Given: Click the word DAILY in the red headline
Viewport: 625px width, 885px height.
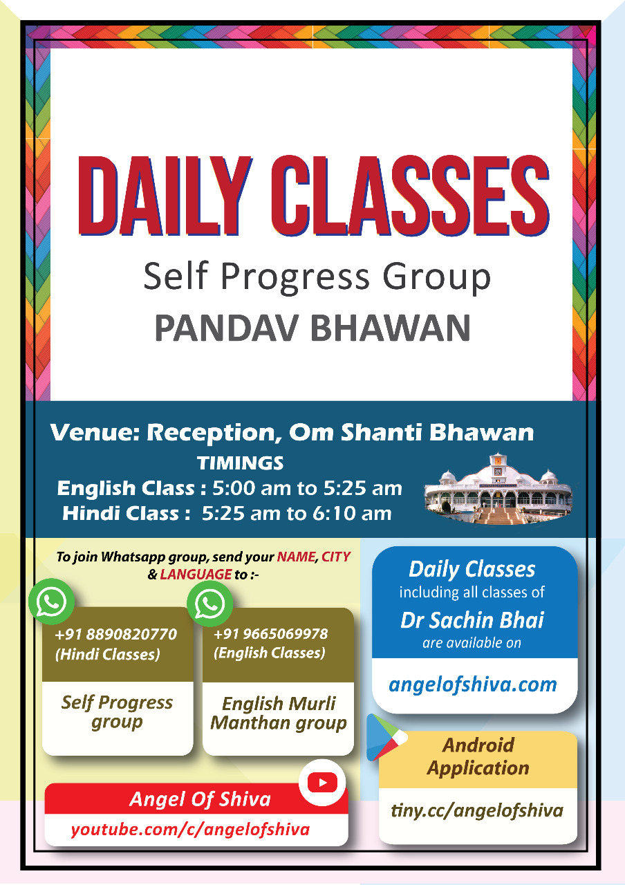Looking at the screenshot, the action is click(165, 196).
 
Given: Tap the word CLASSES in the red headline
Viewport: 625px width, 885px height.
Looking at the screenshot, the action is click(410, 196).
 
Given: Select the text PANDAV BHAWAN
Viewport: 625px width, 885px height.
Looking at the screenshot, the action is click(312, 328).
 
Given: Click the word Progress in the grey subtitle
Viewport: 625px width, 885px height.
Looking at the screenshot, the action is click(295, 277).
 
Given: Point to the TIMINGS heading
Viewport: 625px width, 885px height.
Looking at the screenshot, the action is click(240, 463).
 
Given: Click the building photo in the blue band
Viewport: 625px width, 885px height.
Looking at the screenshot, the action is click(498, 489).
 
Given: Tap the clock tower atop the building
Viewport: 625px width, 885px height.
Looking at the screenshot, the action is click(498, 466).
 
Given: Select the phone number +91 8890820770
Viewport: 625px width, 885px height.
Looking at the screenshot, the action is click(115, 634).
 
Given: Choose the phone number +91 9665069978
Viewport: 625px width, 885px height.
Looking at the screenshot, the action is click(270, 634).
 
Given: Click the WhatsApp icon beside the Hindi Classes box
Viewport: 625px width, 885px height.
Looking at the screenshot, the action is click(51, 602).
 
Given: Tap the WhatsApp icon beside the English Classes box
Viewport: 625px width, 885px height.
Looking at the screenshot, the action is click(209, 604).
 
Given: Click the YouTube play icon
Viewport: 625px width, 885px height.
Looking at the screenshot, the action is click(322, 782).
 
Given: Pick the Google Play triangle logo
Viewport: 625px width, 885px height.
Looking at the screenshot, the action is click(385, 738).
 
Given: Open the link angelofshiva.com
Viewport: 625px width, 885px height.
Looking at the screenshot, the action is click(472, 685).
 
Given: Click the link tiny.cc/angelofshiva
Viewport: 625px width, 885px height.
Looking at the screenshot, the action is click(477, 811).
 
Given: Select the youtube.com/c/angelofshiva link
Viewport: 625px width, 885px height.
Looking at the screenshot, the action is click(190, 830).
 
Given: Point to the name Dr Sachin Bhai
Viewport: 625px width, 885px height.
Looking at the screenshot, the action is click(472, 620).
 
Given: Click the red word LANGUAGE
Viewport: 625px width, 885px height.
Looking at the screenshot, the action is click(196, 574).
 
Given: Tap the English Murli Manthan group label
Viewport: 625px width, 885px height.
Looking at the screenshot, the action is click(278, 713).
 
